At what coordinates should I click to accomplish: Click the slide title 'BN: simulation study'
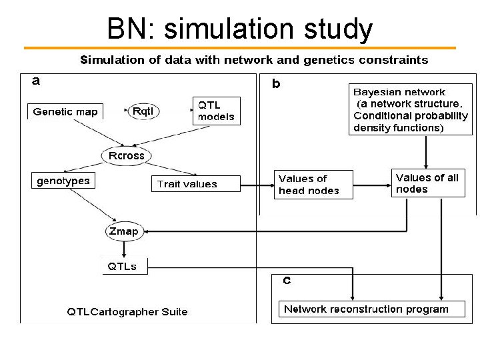pyautogui.click(x=240, y=29)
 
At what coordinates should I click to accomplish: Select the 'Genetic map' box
pyautogui.click(x=65, y=111)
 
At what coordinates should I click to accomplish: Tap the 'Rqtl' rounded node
pyautogui.click(x=143, y=111)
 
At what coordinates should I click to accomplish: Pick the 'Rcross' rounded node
pyautogui.click(x=126, y=155)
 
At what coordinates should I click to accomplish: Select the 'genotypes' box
pyautogui.click(x=63, y=181)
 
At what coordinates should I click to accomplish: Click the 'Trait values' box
pyautogui.click(x=187, y=184)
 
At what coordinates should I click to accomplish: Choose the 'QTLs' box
pyautogui.click(x=123, y=266)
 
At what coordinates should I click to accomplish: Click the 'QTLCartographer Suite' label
pyautogui.click(x=127, y=311)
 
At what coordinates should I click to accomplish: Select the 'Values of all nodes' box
pyautogui.click(x=427, y=183)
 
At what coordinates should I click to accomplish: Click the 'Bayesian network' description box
pyautogui.click(x=409, y=110)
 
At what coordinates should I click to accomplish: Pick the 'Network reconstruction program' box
pyautogui.click(x=366, y=309)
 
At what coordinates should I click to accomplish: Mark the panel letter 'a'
pyautogui.click(x=36, y=81)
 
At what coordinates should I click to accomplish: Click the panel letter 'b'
pyautogui.click(x=276, y=85)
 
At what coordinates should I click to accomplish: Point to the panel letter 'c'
pyautogui.click(x=287, y=281)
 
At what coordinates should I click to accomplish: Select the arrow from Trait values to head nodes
pyautogui.click(x=257, y=184)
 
